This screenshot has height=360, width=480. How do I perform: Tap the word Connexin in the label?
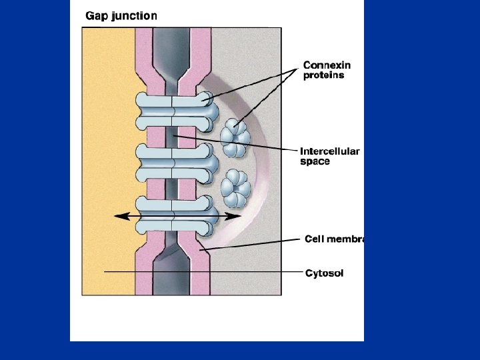[x=327, y=65]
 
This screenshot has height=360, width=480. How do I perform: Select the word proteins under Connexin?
[x=324, y=75]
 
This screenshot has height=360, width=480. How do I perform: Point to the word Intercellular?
[x=329, y=151]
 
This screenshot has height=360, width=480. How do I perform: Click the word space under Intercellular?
[x=315, y=162]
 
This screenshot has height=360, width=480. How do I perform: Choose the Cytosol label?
[x=325, y=273]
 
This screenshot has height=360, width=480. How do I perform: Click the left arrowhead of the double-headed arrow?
[x=118, y=216]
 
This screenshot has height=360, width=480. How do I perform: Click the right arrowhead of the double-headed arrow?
[x=236, y=216]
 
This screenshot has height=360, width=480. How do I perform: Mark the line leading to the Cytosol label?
[x=200, y=272]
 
